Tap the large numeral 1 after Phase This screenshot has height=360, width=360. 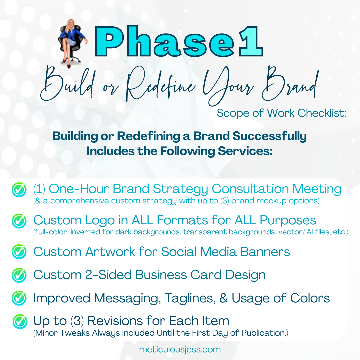click(251, 41)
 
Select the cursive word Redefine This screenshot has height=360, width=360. click(161, 84)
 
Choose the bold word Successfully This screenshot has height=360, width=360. click(270, 136)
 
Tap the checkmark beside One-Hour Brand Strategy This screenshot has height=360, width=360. click(19, 189)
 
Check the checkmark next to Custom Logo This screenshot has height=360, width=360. click(19, 221)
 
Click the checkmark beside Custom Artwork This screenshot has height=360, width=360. click(19, 252)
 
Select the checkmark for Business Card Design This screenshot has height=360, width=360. click(19, 275)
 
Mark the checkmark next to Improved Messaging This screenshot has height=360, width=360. click(19, 298)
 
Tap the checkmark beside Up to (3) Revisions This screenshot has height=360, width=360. click(20, 321)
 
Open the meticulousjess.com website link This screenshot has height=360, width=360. click(180, 349)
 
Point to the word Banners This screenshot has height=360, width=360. click(265, 252)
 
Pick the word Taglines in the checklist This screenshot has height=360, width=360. click(190, 298)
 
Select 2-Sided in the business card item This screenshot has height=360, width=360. click(108, 275)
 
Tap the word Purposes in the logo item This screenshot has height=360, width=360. click(288, 220)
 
